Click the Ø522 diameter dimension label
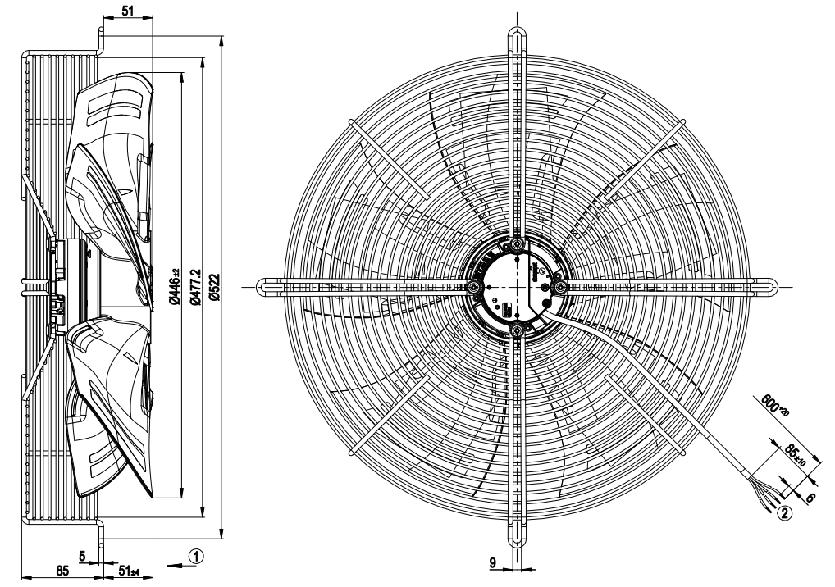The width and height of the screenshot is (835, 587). point(214,288)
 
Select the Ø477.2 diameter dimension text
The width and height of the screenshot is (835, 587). point(195,288)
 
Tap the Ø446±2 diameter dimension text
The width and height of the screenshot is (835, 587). point(174,288)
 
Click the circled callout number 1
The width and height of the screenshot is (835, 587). point(196,557)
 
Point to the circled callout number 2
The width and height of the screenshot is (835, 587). point(785,513)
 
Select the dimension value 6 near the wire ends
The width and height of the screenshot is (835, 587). point(810,498)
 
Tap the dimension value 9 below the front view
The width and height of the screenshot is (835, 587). point(493,562)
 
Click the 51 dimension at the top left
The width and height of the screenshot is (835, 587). point(128,10)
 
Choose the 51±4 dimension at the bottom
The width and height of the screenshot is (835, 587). point(128,571)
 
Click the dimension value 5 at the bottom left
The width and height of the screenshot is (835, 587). point(82,556)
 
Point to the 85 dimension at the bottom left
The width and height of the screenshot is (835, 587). point(62,571)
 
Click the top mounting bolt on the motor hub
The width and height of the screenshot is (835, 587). point(516,243)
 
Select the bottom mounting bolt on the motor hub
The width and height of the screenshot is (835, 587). point(516,330)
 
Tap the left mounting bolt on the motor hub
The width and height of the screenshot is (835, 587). point(473,288)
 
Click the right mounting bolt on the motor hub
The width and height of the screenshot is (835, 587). point(559,288)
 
